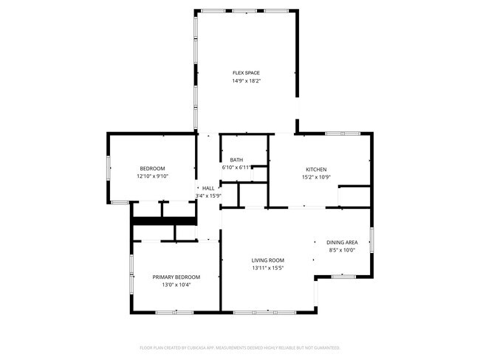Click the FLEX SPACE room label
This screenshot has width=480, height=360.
(247, 72)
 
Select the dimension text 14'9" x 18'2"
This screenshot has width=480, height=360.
(247, 80)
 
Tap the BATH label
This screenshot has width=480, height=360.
(236, 160)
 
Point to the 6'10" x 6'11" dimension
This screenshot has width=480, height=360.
(236, 168)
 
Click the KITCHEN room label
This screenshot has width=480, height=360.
(316, 169)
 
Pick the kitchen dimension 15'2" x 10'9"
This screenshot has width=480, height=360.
(316, 177)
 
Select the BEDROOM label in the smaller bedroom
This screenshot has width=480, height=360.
(153, 168)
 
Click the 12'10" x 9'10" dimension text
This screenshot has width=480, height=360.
(153, 176)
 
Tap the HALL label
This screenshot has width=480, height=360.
(208, 188)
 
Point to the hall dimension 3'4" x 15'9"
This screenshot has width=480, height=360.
(209, 195)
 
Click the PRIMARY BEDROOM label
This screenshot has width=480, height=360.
(176, 277)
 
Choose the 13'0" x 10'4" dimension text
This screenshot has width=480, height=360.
(176, 285)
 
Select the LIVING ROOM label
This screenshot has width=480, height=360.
(267, 260)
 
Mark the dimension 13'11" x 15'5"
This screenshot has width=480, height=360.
(267, 269)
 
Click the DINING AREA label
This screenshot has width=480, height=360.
(342, 242)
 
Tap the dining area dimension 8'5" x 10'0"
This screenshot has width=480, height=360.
(342, 250)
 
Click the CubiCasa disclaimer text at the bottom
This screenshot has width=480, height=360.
(240, 347)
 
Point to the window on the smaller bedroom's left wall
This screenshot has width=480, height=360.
(109, 168)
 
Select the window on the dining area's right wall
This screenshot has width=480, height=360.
(371, 240)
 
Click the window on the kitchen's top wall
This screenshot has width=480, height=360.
(343, 133)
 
